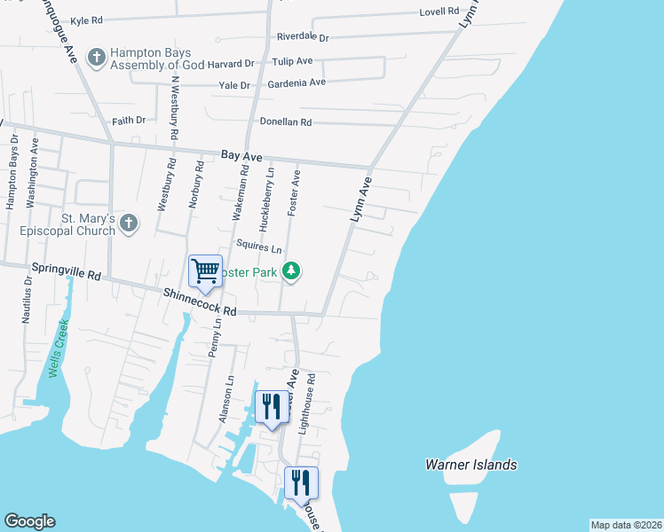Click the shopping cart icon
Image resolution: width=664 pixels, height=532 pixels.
click(205, 270)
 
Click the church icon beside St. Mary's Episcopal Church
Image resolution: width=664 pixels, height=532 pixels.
click(129, 223)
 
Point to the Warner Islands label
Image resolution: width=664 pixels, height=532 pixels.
click(470, 465)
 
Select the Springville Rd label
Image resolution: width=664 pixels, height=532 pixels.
click(67, 272)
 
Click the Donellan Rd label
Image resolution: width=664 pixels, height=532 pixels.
click(285, 121)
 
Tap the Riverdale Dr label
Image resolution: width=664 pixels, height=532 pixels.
click(303, 37)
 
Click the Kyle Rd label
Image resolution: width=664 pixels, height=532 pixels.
click(86, 19)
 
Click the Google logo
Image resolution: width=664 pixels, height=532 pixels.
click(29, 521)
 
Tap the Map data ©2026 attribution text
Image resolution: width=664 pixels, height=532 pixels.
click(626, 525)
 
